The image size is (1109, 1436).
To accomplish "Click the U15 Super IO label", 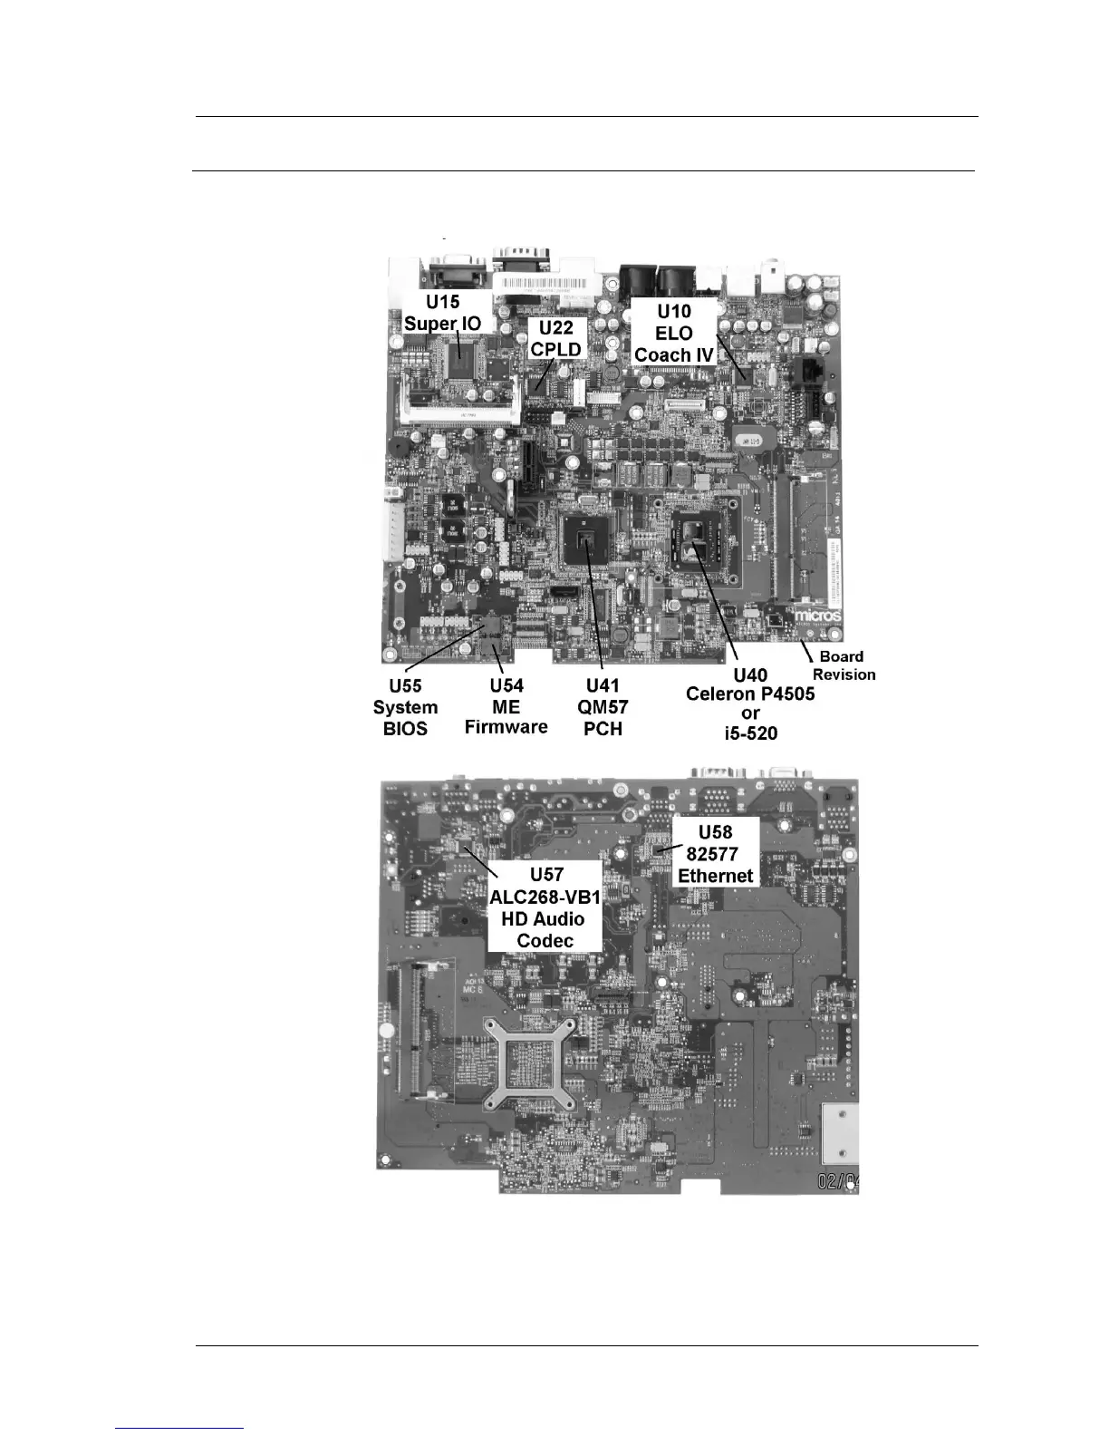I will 443,312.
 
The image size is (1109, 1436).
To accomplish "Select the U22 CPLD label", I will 555,338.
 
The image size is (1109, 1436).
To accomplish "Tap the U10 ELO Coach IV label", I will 674,333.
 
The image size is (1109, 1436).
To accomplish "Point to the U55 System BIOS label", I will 405,707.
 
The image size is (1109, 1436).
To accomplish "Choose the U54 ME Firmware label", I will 506,706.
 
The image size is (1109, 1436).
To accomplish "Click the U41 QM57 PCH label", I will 603,707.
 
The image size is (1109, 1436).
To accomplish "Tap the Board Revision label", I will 843,665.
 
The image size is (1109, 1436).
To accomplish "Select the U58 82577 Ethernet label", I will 715,853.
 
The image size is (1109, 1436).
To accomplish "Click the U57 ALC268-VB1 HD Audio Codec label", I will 545,907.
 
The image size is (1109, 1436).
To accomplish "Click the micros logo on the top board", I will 818,616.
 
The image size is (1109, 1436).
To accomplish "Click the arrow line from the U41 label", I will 595,616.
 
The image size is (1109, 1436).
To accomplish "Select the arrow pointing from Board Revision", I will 807,649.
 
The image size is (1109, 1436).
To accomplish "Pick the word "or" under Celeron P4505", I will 749,713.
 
